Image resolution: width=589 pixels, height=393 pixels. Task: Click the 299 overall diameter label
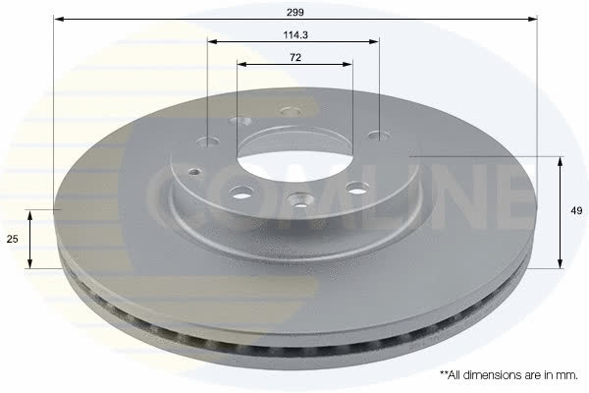pos(295,12)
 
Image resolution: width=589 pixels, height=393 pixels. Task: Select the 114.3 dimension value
pos(295,35)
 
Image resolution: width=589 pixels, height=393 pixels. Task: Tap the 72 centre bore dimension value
pos(295,58)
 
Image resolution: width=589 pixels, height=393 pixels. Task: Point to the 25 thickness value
pos(13,239)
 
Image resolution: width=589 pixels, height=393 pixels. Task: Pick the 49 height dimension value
pos(576,210)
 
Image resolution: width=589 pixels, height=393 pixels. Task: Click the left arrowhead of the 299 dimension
pos(58,19)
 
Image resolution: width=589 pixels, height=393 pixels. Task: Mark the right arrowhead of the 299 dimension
pos(533,19)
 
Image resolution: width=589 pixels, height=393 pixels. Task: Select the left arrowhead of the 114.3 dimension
pos(213,41)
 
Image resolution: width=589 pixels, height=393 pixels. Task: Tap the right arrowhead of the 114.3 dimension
pos(374,41)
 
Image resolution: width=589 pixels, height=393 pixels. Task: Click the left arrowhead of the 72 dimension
pos(241,64)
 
